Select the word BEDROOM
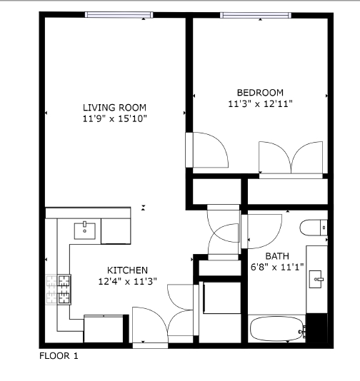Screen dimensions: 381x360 pos(260,93)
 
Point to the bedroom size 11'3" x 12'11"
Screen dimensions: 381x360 pos(260,104)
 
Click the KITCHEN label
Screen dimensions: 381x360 pos(127,270)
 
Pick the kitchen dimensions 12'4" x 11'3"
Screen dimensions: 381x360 pos(127,281)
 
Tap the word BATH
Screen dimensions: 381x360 pos(277,256)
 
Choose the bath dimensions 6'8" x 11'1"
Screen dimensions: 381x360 pos(277,268)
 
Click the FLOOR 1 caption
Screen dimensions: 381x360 pos(59,356)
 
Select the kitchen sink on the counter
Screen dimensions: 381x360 pos(86,230)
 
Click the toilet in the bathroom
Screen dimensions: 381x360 pos(313,228)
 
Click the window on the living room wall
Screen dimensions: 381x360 pos(118,15)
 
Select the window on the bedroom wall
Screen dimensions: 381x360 pos(254,15)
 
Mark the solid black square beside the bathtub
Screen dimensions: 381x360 pos(316,328)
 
